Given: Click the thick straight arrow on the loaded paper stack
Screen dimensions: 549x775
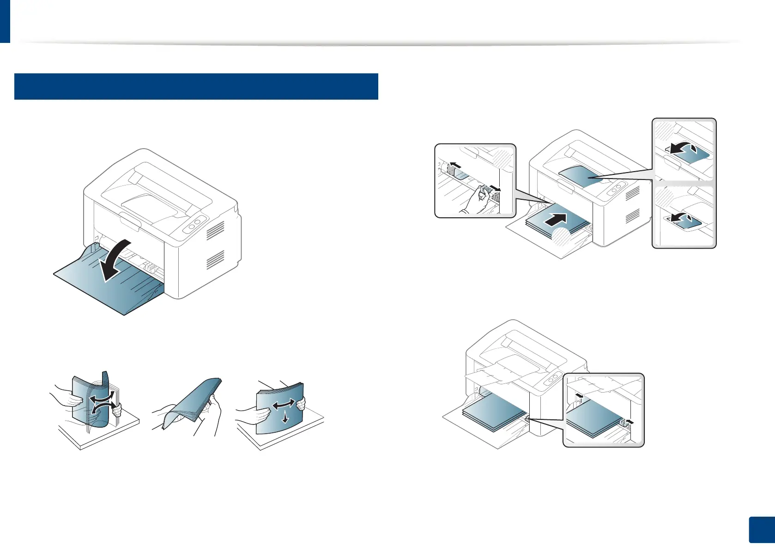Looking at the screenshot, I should click(556, 220).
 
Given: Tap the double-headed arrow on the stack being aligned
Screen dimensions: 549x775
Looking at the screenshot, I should click(283, 405).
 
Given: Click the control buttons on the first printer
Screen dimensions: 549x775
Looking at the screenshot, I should click(194, 225).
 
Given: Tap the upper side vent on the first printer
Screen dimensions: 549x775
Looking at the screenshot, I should click(215, 230).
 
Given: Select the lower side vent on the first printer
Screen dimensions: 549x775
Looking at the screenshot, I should click(215, 259).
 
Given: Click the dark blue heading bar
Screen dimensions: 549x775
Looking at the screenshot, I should click(196, 86).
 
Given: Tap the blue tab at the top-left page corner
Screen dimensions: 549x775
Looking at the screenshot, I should click(5, 21).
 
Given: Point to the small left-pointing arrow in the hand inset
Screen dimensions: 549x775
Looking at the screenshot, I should click(454, 165).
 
